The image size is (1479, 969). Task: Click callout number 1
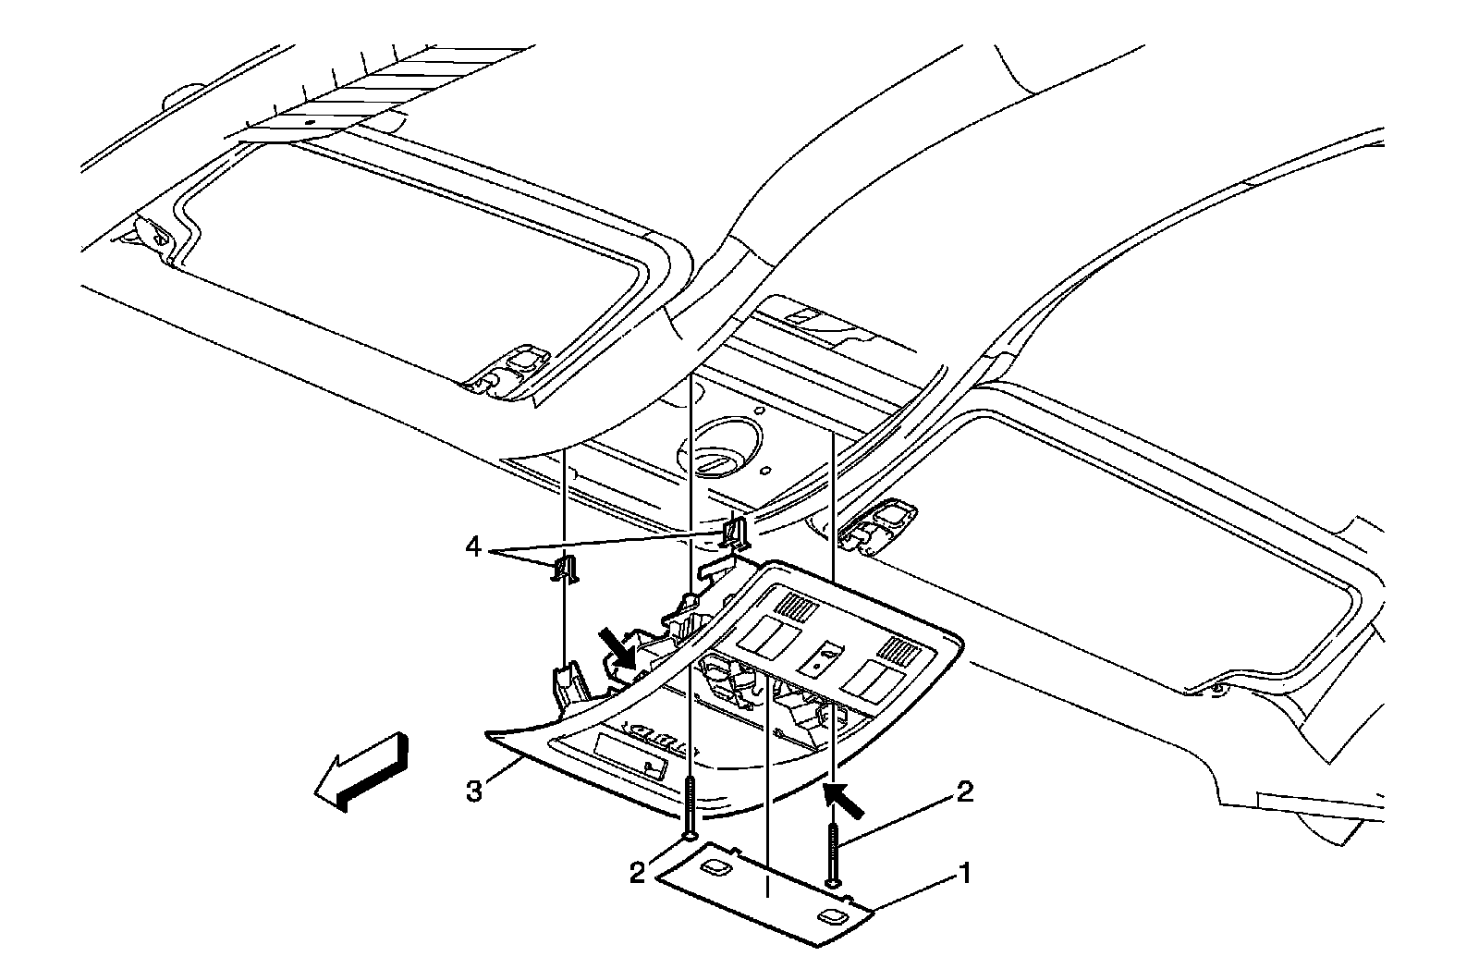964,872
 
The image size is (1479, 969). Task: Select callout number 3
474,792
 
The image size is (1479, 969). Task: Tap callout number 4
473,548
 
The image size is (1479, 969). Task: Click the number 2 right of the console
964,792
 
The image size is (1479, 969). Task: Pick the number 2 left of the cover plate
638,872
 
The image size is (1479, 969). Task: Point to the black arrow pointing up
844,800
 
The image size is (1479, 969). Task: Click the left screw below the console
690,805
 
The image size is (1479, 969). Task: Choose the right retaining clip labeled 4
736,532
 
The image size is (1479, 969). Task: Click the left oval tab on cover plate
715,866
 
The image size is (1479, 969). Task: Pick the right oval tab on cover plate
828,916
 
